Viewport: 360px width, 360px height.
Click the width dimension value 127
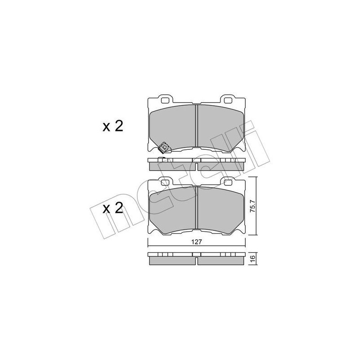pyautogui.click(x=197, y=242)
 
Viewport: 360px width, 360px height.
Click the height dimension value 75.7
pyautogui.click(x=252, y=206)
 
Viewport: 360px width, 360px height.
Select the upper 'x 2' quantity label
pyautogui.click(x=113, y=126)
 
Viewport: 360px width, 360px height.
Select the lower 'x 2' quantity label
pyautogui.click(x=113, y=209)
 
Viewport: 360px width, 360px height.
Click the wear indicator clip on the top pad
pyautogui.click(x=164, y=148)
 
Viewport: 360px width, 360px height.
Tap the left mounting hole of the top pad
pyautogui.click(x=165, y=100)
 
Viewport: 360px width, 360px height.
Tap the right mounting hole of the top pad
pyautogui.click(x=227, y=100)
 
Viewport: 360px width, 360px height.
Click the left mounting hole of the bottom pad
pyautogui.click(x=165, y=183)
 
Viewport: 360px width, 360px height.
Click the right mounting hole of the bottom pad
pyautogui.click(x=227, y=183)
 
